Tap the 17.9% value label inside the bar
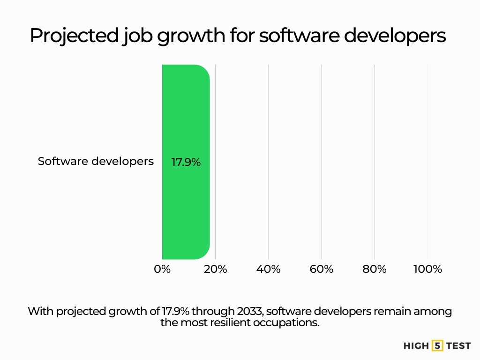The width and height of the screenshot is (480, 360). click(x=186, y=163)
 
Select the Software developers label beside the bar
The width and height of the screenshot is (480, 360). click(x=96, y=161)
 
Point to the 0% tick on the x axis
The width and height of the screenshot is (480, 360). click(x=162, y=269)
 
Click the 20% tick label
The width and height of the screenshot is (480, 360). click(x=216, y=269)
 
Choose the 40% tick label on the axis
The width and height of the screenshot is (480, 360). click(x=269, y=269)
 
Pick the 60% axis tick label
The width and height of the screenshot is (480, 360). click(x=322, y=269)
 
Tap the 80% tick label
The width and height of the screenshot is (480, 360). click(x=375, y=269)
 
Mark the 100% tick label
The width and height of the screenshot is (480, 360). click(x=427, y=269)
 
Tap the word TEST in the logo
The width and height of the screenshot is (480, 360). click(x=458, y=346)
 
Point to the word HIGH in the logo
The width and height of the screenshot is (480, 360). click(x=416, y=346)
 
